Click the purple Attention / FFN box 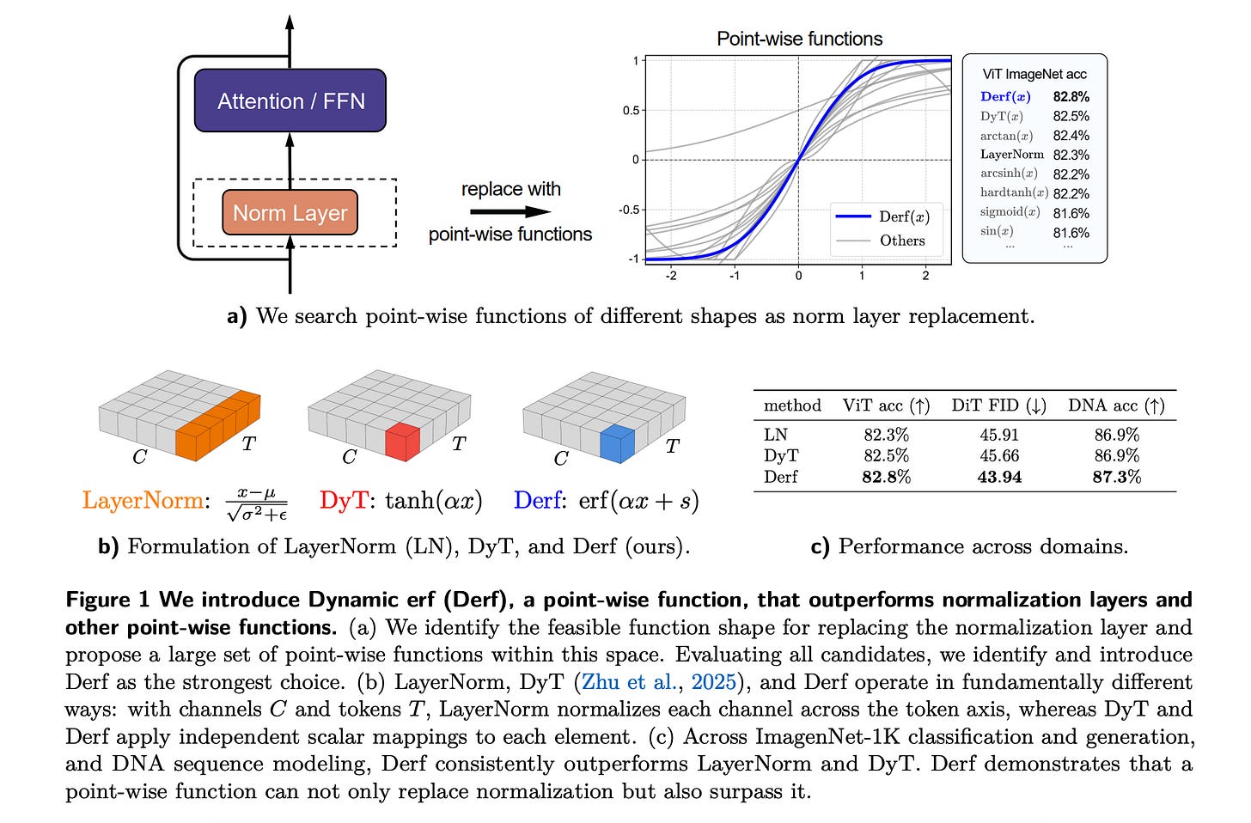pos(290,101)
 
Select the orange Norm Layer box pos(290,213)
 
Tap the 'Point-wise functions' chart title pos(799,39)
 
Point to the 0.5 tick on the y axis pos(631,110)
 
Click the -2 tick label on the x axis pos(671,276)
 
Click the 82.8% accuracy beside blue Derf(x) pos(1071,97)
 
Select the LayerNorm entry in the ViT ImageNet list pos(1011,155)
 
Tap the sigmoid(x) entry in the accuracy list pos(1010,212)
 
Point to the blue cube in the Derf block pos(617,442)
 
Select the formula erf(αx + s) pos(638,501)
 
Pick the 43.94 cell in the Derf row pos(999,477)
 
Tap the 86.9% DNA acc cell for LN pos(1116,436)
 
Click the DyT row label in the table pos(781,456)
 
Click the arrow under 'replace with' pos(511,211)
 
